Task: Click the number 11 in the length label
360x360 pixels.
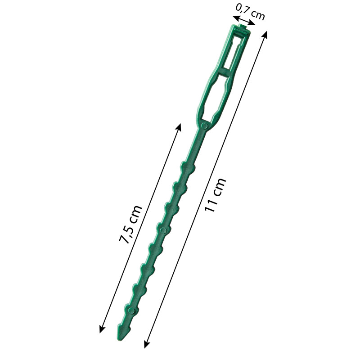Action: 211,205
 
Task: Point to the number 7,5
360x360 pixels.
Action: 126,234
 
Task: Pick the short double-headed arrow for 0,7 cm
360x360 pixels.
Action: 243,22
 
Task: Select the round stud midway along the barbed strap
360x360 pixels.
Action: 163,230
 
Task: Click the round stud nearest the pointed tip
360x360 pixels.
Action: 132,310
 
